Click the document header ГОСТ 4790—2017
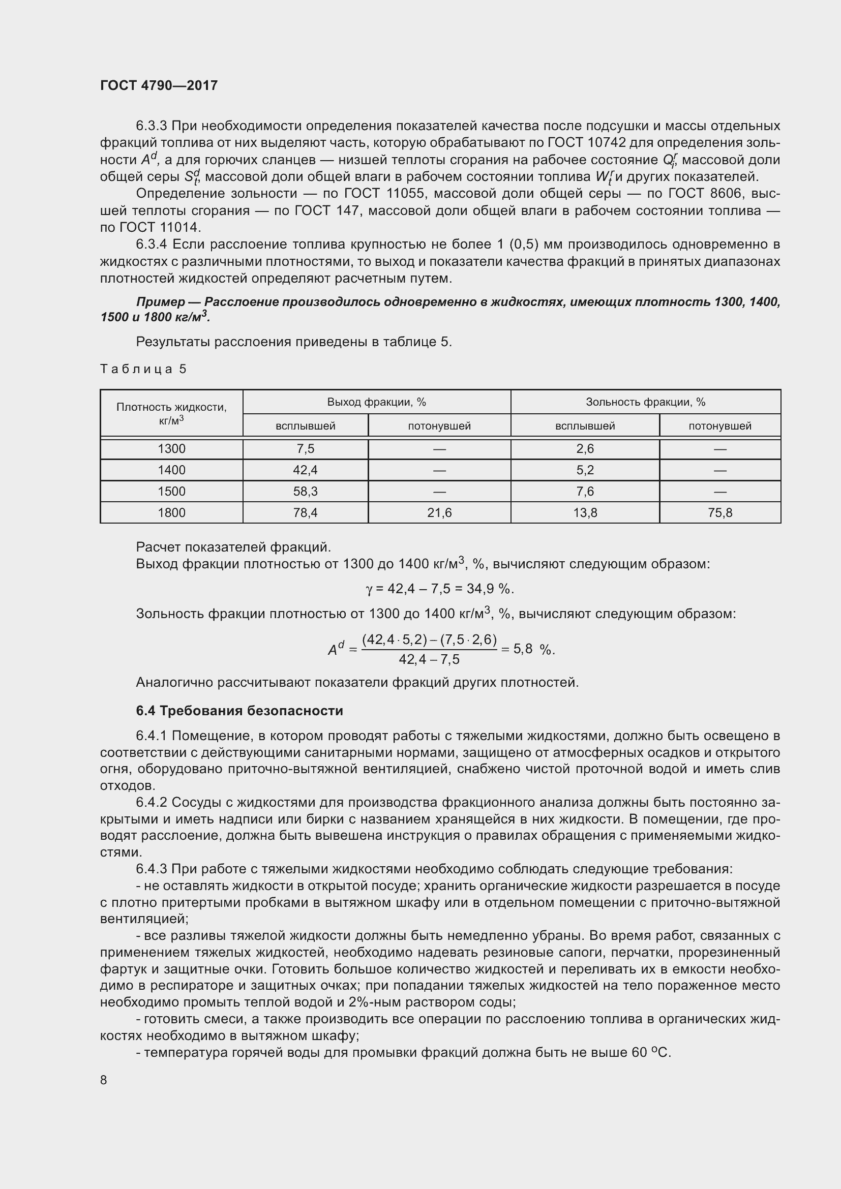click(159, 85)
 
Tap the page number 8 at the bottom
click(104, 1080)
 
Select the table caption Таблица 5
click(143, 369)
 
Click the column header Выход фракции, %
click(376, 402)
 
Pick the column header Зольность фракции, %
click(645, 402)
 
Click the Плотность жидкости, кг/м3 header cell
click(171, 413)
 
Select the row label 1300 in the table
click(171, 448)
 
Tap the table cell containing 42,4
click(306, 470)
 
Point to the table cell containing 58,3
click(306, 491)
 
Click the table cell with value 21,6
click(439, 513)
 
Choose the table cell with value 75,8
click(720, 513)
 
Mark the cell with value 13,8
click(585, 513)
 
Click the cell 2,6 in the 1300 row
click(585, 448)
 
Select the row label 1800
click(171, 513)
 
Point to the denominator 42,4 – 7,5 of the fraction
click(429, 659)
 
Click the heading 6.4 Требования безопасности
click(239, 711)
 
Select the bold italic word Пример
click(161, 302)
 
